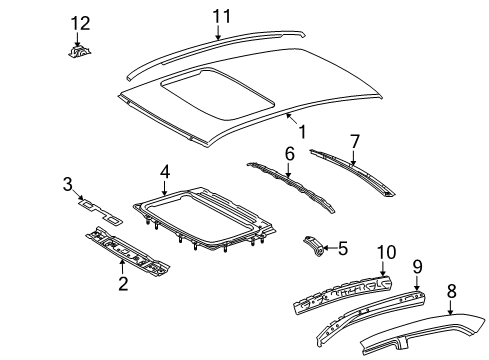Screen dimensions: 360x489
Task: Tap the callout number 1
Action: (x=297, y=129)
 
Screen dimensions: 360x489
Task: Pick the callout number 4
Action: (x=164, y=172)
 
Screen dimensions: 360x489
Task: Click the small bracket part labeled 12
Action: (x=78, y=49)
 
